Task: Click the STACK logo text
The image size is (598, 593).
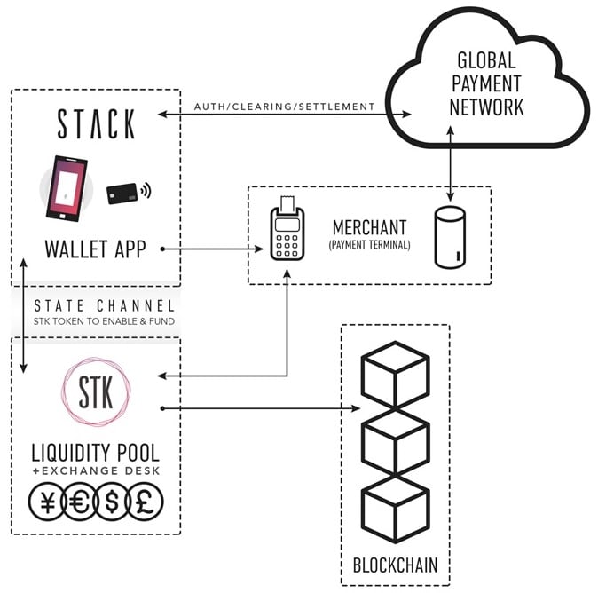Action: coord(96,124)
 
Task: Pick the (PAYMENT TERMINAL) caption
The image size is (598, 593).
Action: coord(370,244)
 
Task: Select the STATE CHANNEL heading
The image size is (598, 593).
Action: coord(99,305)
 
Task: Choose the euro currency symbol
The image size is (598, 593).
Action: coord(79,503)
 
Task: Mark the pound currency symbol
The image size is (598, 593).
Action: coord(145,503)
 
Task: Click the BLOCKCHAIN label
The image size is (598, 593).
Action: coord(395,565)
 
